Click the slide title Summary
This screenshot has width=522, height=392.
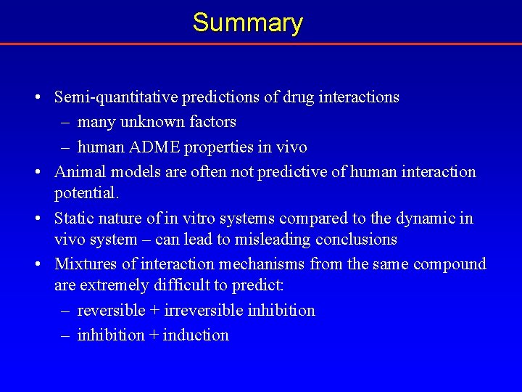[x=247, y=23]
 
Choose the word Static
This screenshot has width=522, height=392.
[x=75, y=219]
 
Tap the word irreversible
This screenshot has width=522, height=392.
[x=204, y=310]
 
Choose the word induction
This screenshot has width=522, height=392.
[x=196, y=335]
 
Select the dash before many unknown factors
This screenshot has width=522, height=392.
[x=65, y=122]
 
